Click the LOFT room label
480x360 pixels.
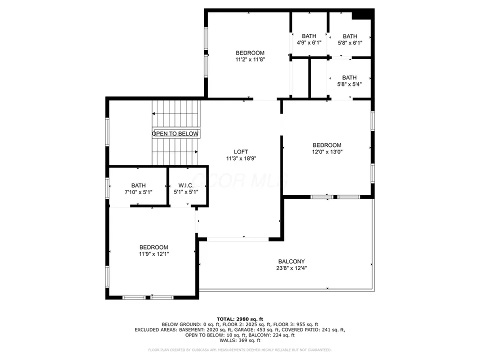240,152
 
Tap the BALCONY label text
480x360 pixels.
291,261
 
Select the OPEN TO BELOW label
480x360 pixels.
175,134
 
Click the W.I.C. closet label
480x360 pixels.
186,185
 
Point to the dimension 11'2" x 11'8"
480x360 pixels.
250,59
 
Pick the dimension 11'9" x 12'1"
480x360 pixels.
153,253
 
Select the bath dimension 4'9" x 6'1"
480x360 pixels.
309,42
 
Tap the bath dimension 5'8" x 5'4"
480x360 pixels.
349,84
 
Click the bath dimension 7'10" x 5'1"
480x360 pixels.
138,191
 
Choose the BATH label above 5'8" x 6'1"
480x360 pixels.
350,36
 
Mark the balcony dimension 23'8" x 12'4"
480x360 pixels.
291,268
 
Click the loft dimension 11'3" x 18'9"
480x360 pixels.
240,158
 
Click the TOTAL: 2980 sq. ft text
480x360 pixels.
239,319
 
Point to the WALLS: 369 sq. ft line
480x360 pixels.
239,340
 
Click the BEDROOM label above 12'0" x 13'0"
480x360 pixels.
327,145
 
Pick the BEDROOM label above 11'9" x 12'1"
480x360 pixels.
153,247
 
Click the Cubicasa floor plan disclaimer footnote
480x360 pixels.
239,350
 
